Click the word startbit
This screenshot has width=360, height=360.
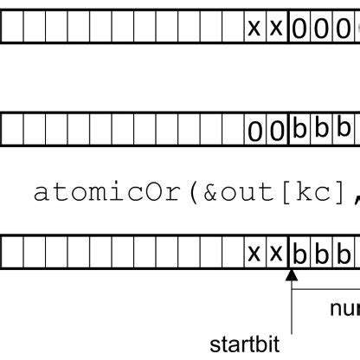(250, 343)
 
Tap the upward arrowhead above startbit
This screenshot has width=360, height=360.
(291, 276)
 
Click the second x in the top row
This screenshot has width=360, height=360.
(276, 29)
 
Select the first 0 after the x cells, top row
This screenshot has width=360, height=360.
(299, 29)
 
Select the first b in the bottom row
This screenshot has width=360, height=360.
(299, 254)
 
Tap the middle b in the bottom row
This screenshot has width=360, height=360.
(321, 254)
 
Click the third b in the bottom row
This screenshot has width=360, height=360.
(343, 254)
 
